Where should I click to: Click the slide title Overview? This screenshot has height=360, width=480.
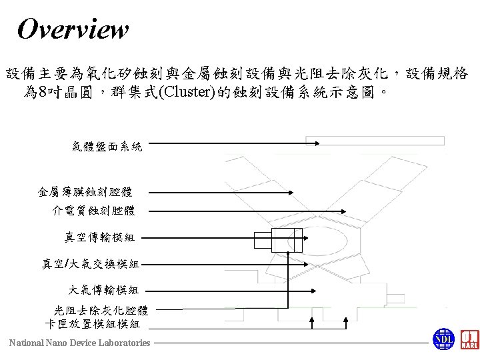(x=73, y=29)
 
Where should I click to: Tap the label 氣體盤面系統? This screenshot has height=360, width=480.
(x=107, y=146)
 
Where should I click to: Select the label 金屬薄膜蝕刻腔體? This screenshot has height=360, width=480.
(x=80, y=193)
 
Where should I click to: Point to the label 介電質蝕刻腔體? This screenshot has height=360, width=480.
(x=93, y=211)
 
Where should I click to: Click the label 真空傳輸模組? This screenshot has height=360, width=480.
(x=99, y=237)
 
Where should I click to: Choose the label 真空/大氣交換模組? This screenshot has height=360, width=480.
(x=90, y=264)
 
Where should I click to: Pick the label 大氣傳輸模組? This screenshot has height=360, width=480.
(x=103, y=289)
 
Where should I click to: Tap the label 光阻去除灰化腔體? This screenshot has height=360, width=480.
(x=101, y=310)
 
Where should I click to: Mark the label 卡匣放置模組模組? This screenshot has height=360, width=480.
(x=92, y=324)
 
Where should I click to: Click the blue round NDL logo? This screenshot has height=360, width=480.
(x=443, y=339)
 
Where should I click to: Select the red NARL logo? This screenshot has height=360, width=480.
(x=469, y=339)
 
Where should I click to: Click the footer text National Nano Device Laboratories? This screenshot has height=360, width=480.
(x=79, y=343)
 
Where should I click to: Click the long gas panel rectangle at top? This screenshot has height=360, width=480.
(x=375, y=141)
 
